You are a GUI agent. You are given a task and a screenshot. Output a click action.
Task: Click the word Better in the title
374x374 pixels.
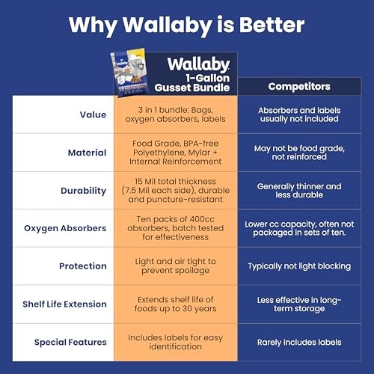click(x=272, y=25)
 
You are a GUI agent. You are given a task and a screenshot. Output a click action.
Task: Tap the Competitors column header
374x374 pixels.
click(x=299, y=87)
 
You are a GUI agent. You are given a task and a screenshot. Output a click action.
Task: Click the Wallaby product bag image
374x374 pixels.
click(x=131, y=73)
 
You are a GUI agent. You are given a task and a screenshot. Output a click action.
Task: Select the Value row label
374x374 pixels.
click(x=93, y=114)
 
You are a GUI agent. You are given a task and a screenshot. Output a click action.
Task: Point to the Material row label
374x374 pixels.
click(x=87, y=153)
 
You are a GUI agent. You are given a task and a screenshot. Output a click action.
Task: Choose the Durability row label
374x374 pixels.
click(x=84, y=191)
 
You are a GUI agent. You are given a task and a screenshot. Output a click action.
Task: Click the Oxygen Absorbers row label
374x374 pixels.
click(x=65, y=228)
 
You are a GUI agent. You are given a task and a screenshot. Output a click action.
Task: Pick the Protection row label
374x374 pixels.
click(x=83, y=266)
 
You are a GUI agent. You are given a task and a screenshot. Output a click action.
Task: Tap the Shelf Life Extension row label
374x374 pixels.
click(x=64, y=304)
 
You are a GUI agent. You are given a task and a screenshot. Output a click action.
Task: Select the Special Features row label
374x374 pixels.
click(x=70, y=343)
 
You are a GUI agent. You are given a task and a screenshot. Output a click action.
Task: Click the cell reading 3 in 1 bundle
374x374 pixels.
click(x=176, y=114)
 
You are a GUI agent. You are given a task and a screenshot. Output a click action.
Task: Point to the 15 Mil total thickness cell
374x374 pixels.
click(x=176, y=190)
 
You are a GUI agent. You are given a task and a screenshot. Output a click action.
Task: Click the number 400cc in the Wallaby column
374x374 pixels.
click(x=202, y=219)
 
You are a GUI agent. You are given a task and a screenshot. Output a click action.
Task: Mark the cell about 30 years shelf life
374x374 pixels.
click(x=176, y=304)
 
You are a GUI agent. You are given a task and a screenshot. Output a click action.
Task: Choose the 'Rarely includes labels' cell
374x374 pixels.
click(x=299, y=343)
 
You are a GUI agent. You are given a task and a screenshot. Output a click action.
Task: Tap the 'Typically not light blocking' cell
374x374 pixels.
click(x=299, y=266)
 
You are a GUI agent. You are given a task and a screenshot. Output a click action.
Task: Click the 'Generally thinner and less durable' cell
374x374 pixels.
click(x=299, y=191)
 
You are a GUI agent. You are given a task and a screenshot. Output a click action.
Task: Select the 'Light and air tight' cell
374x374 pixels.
click(x=176, y=266)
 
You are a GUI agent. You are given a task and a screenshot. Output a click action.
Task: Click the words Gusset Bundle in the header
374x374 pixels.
click(x=192, y=88)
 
